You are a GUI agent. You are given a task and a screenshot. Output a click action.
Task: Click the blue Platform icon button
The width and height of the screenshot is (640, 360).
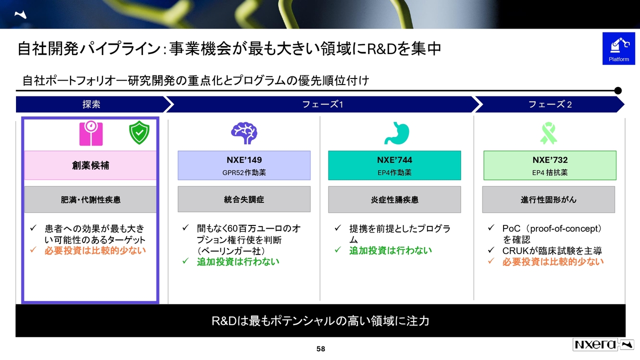[x=618, y=48]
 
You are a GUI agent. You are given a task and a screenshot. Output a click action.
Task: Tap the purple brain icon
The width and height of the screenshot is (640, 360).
[x=244, y=133]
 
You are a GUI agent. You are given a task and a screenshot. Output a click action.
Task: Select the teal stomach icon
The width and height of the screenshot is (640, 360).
[x=396, y=133]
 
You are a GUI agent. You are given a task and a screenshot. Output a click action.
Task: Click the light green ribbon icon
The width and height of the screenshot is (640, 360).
[x=548, y=133]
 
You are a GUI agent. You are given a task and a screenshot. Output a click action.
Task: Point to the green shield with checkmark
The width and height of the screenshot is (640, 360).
[x=139, y=132]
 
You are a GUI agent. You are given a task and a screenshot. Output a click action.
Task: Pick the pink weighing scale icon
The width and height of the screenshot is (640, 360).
[x=91, y=133]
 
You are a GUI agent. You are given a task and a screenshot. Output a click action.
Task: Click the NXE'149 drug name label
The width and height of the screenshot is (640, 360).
[x=244, y=160]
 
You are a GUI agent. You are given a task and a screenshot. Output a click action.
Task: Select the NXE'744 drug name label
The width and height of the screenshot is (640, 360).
[x=394, y=160]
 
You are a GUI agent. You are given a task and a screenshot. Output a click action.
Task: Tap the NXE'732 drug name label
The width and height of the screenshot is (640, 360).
[x=550, y=160]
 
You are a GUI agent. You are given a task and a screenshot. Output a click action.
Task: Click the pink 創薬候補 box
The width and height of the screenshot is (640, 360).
[x=90, y=165]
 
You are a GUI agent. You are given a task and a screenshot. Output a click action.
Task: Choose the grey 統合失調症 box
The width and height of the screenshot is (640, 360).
[x=244, y=199]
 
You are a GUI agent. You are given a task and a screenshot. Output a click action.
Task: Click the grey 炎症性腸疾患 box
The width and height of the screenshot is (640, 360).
[x=394, y=199]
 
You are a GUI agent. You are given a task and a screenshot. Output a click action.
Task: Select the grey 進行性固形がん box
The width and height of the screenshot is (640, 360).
[x=548, y=199]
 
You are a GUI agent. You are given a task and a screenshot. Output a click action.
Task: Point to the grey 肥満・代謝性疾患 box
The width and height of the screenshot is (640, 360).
[x=90, y=199]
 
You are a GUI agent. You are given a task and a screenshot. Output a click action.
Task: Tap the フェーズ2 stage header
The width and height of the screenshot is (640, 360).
[x=549, y=104]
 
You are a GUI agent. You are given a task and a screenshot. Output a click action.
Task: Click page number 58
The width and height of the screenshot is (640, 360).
[x=320, y=349]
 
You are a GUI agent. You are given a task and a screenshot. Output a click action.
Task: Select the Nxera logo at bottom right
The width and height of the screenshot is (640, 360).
[x=603, y=344]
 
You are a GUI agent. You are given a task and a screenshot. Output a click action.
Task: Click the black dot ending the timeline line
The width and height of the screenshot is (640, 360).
[x=617, y=90]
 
